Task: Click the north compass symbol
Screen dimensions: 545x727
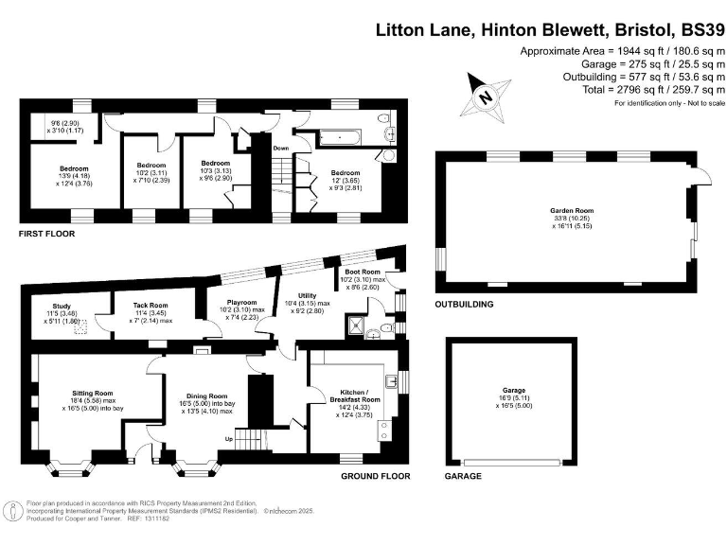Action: [485, 97]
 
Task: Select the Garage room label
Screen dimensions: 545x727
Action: [514, 395]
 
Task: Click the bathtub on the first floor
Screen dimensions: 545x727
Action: [337, 139]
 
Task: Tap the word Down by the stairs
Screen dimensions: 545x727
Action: [281, 149]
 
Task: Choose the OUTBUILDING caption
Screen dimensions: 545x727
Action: [464, 305]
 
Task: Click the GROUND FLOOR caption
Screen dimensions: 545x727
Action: [375, 476]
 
